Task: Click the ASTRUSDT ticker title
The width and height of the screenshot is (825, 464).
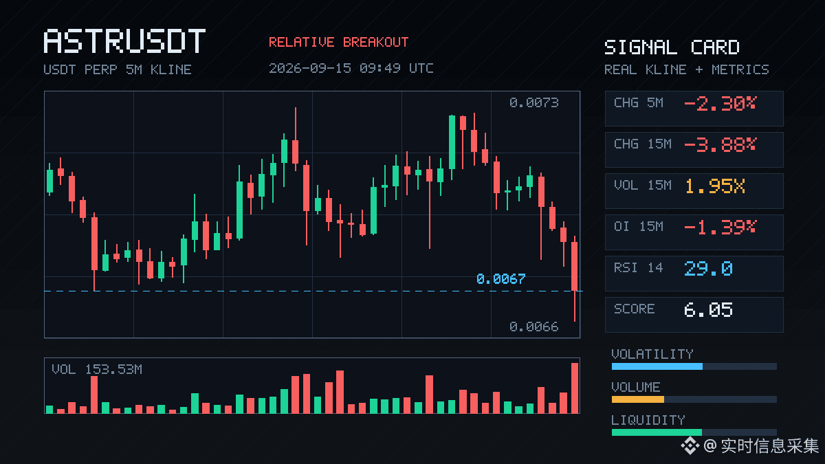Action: (124, 41)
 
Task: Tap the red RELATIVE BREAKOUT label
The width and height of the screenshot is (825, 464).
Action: (338, 43)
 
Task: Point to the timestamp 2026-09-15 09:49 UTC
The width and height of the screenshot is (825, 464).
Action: (351, 68)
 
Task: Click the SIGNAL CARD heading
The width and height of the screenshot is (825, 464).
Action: (672, 47)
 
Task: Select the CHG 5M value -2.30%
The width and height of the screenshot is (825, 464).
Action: (720, 104)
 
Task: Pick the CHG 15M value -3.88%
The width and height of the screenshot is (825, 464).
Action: (720, 145)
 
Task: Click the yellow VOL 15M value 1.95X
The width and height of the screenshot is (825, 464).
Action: (715, 186)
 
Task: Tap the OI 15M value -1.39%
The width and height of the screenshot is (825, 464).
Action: (720, 228)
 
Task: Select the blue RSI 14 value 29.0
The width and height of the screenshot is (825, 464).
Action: (708, 269)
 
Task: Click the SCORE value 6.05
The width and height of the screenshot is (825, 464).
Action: (708, 310)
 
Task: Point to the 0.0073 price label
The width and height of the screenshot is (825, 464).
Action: (534, 102)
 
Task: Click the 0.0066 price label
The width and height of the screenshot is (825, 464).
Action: (534, 327)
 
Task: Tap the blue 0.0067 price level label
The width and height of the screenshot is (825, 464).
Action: (501, 279)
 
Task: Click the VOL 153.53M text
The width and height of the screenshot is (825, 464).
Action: (97, 369)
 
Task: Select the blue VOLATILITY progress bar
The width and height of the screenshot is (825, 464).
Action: (657, 366)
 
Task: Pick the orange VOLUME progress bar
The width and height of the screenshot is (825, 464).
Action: (638, 399)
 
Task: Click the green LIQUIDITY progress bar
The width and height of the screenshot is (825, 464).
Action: (657, 432)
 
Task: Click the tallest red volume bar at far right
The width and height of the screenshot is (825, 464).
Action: (575, 388)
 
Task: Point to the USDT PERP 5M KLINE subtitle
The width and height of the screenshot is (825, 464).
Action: (118, 69)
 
